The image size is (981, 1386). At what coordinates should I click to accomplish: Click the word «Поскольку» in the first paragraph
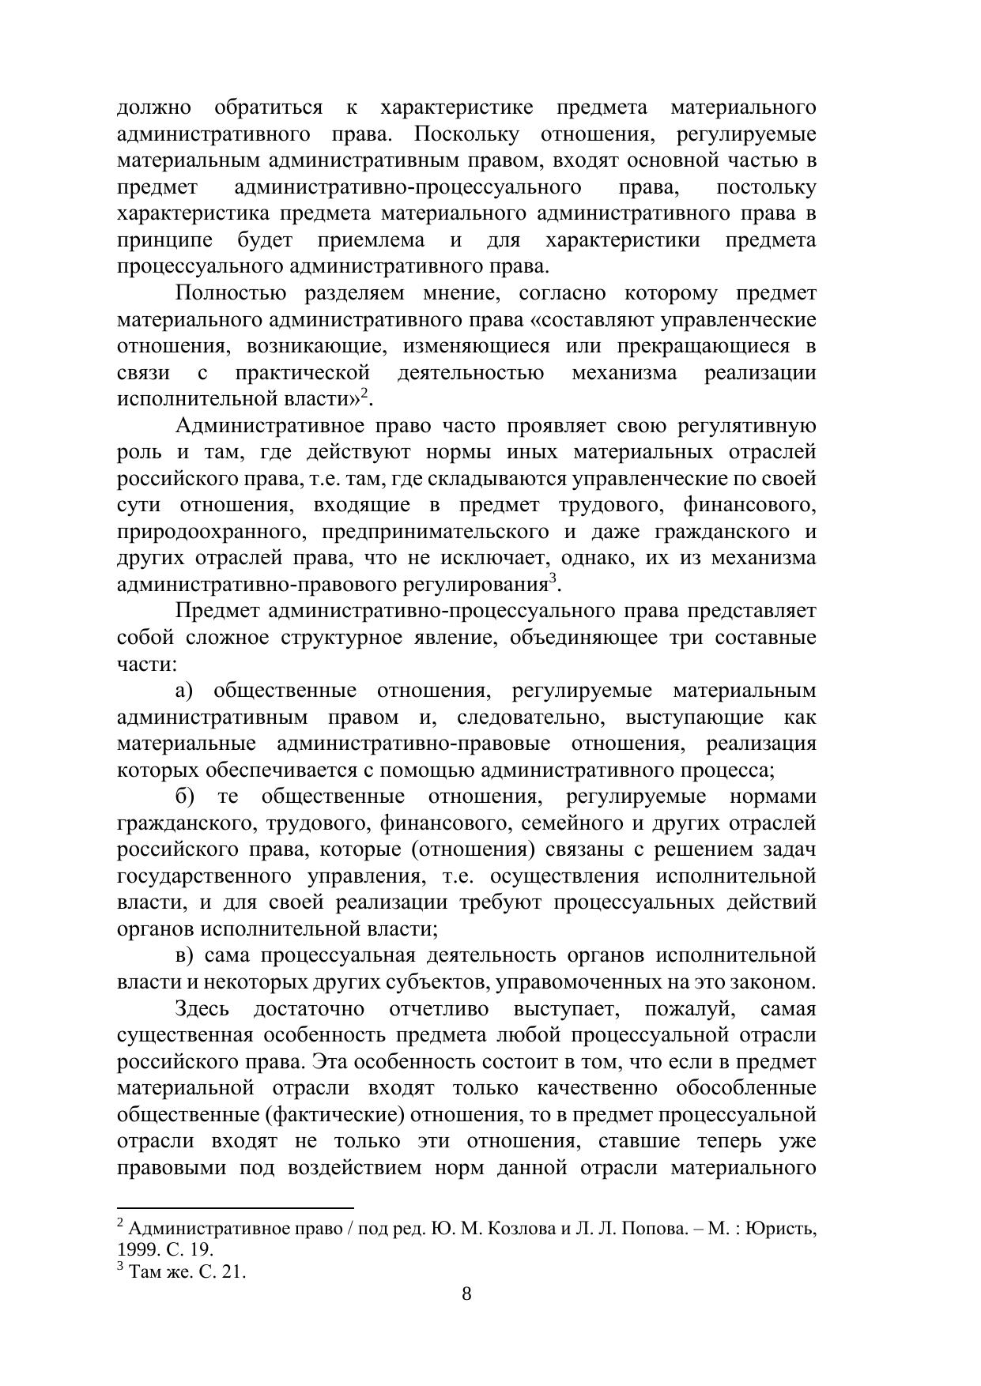click(466, 134)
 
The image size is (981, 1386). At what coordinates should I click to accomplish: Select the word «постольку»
click(765, 187)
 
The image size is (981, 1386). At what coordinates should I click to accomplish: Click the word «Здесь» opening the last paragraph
click(202, 1009)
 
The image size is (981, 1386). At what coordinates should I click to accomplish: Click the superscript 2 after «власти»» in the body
click(364, 393)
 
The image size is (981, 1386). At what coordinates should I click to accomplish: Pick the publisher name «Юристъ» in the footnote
click(783, 1229)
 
